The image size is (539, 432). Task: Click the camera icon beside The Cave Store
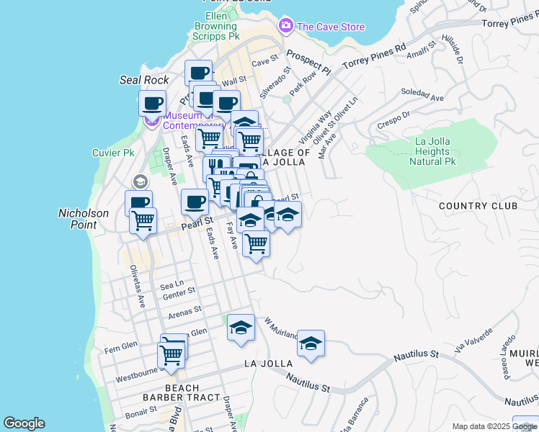click(286, 27)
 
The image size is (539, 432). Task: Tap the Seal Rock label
click(144, 80)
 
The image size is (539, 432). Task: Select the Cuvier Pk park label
click(113, 153)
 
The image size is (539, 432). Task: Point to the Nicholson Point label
click(83, 219)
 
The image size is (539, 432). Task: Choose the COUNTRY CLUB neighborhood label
click(478, 206)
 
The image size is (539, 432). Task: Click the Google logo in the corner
click(24, 423)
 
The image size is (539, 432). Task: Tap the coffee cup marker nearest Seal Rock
click(152, 104)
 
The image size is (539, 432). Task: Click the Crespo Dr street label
click(393, 116)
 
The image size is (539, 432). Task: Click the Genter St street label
click(179, 293)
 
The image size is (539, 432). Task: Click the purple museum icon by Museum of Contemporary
click(152, 120)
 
